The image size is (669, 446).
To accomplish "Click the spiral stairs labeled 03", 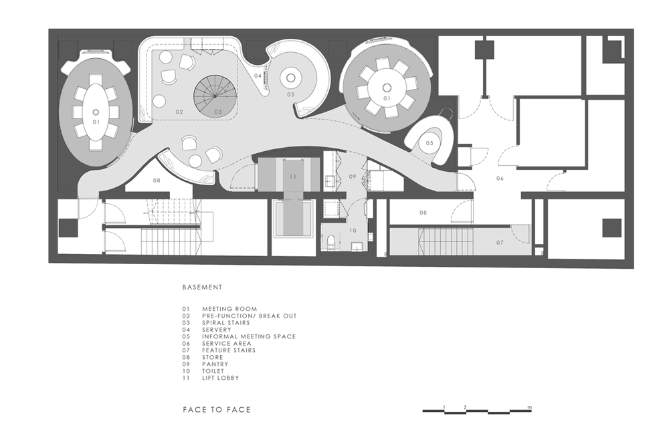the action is click(x=215, y=96).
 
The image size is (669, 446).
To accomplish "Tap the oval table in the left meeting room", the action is click(x=96, y=112).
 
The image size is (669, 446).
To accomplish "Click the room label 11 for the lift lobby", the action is click(x=293, y=177).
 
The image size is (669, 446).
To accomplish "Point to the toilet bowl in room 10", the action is click(x=330, y=243).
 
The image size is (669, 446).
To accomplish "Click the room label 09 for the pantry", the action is click(x=353, y=176).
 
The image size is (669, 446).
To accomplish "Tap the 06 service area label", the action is click(x=500, y=179).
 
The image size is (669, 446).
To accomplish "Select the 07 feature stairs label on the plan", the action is click(x=500, y=243).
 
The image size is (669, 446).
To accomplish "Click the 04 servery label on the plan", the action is click(x=258, y=76).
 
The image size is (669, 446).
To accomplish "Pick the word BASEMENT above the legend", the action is click(x=202, y=287).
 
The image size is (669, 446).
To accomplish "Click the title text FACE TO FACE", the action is click(x=217, y=410).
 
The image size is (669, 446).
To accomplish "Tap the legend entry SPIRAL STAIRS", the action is click(x=225, y=323).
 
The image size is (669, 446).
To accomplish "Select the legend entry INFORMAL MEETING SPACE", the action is click(x=249, y=336).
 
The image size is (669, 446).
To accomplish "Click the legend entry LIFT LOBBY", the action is click(x=220, y=378).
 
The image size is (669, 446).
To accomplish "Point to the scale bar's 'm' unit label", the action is click(x=529, y=407).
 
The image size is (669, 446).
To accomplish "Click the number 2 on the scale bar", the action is click(x=465, y=407).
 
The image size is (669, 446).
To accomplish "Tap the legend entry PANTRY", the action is click(x=215, y=364).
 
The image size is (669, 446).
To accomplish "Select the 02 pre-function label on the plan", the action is click(x=179, y=112).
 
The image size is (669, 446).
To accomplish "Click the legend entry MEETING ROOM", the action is click(x=229, y=309).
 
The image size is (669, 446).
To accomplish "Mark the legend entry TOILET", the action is click(x=213, y=371).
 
